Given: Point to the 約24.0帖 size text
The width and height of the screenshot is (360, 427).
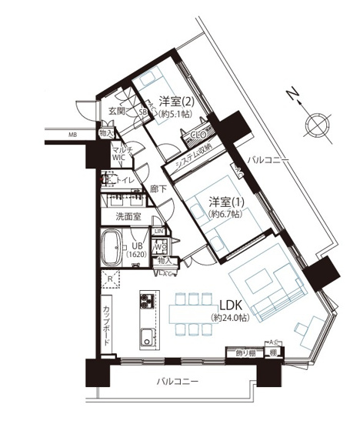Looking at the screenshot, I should click(230, 317).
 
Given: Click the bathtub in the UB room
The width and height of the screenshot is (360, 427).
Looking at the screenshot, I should click(115, 249).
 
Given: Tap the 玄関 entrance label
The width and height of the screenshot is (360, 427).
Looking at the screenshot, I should click(116, 111).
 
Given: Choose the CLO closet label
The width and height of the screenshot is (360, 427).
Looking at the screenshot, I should click(196, 133).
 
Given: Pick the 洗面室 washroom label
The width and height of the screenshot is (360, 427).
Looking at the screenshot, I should click(128, 217).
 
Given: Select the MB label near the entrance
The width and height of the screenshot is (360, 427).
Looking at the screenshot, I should click(72, 136).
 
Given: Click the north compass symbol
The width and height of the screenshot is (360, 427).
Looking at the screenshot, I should click(315, 124).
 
